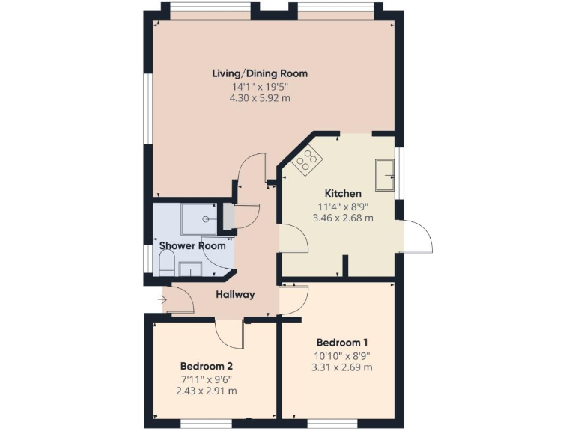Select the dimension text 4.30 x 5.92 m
coord(260,98)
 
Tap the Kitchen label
coord(343,193)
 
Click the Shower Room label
coord(192,245)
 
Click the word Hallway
coord(235,294)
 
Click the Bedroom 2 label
coord(206,367)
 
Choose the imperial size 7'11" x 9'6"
coord(206,379)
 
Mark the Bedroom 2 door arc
coord(228,335)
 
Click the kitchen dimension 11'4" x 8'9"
coord(343,207)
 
